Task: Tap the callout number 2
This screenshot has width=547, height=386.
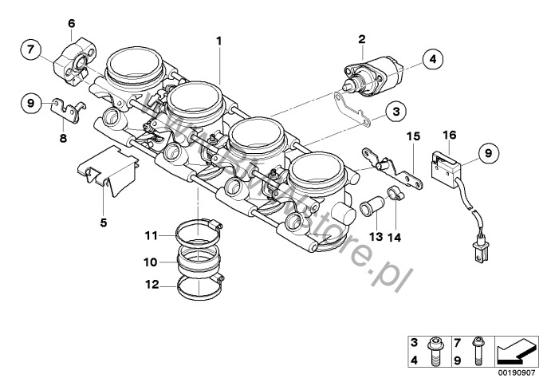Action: click(x=361, y=38)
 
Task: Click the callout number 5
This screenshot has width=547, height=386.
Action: click(x=103, y=223)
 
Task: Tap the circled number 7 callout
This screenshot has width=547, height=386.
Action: click(x=31, y=49)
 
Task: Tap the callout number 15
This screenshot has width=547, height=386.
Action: click(x=412, y=136)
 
